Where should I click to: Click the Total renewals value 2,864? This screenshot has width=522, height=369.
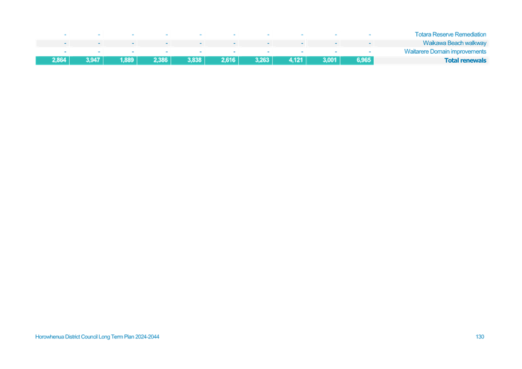[59, 60]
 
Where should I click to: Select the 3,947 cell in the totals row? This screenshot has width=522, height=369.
[93, 60]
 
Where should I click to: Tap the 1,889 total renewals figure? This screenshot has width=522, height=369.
[127, 60]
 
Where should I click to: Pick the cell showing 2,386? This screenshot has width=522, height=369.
[161, 60]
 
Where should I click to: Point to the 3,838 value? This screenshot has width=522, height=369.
[195, 60]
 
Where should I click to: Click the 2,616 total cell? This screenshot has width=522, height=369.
[228, 60]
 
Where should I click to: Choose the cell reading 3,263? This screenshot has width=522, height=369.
[262, 60]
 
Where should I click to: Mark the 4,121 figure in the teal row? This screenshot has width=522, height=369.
[296, 60]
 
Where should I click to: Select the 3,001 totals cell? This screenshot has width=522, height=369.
[330, 60]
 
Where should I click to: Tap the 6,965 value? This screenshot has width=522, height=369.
[364, 60]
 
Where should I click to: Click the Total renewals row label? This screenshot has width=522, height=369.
[465, 60]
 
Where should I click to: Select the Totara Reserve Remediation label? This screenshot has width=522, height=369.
[450, 34]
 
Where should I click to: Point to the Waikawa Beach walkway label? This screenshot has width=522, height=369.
[455, 43]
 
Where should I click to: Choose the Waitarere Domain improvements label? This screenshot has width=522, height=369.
[446, 51]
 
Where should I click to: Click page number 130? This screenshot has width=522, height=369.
[480, 337]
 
